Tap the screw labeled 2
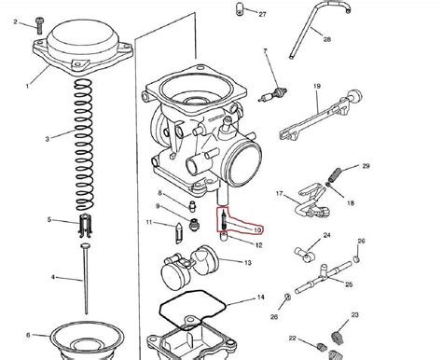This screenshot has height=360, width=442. (x=39, y=21)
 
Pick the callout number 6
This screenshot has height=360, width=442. (x=28, y=334)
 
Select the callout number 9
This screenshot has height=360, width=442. (x=158, y=206)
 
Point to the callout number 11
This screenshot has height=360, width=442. (x=148, y=222)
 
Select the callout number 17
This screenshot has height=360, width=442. (x=278, y=193)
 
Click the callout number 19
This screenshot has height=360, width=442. (x=316, y=86)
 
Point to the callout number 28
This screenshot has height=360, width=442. (x=327, y=40)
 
